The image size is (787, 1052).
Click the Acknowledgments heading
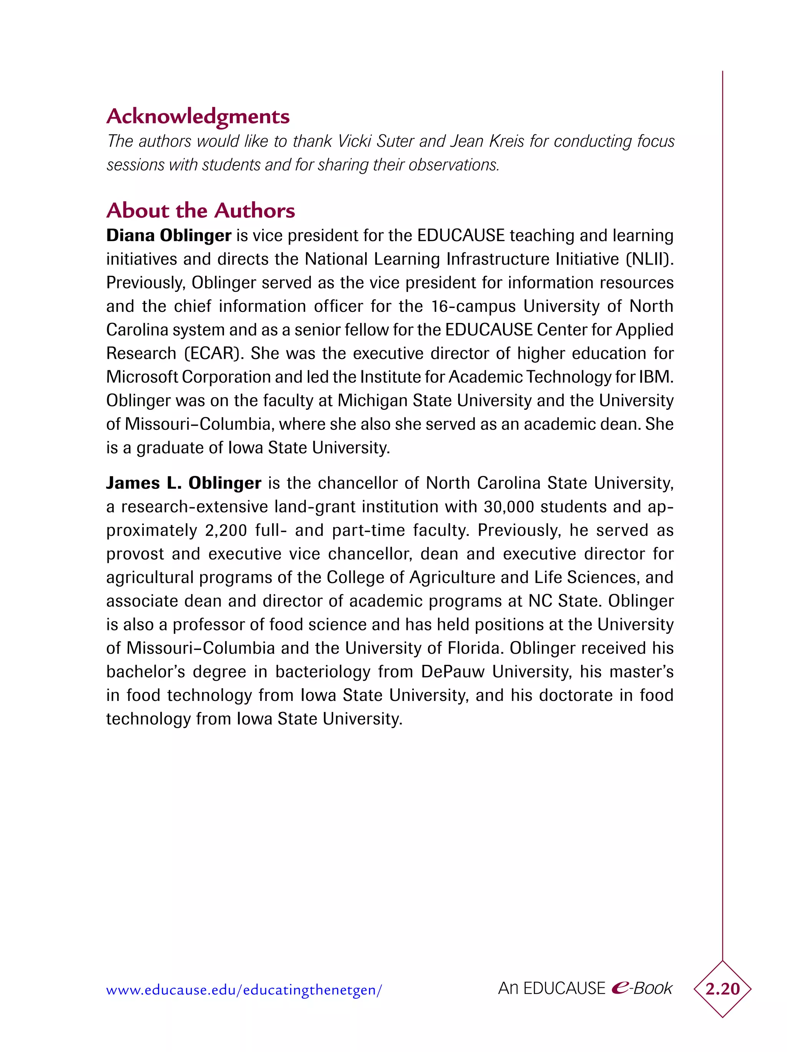(198, 116)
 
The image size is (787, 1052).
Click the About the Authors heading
(200, 211)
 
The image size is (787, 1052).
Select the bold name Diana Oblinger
(168, 236)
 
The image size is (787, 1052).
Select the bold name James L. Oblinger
(183, 483)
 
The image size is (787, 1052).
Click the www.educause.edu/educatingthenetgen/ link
(244, 990)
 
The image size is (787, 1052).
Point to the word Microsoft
(142, 377)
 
